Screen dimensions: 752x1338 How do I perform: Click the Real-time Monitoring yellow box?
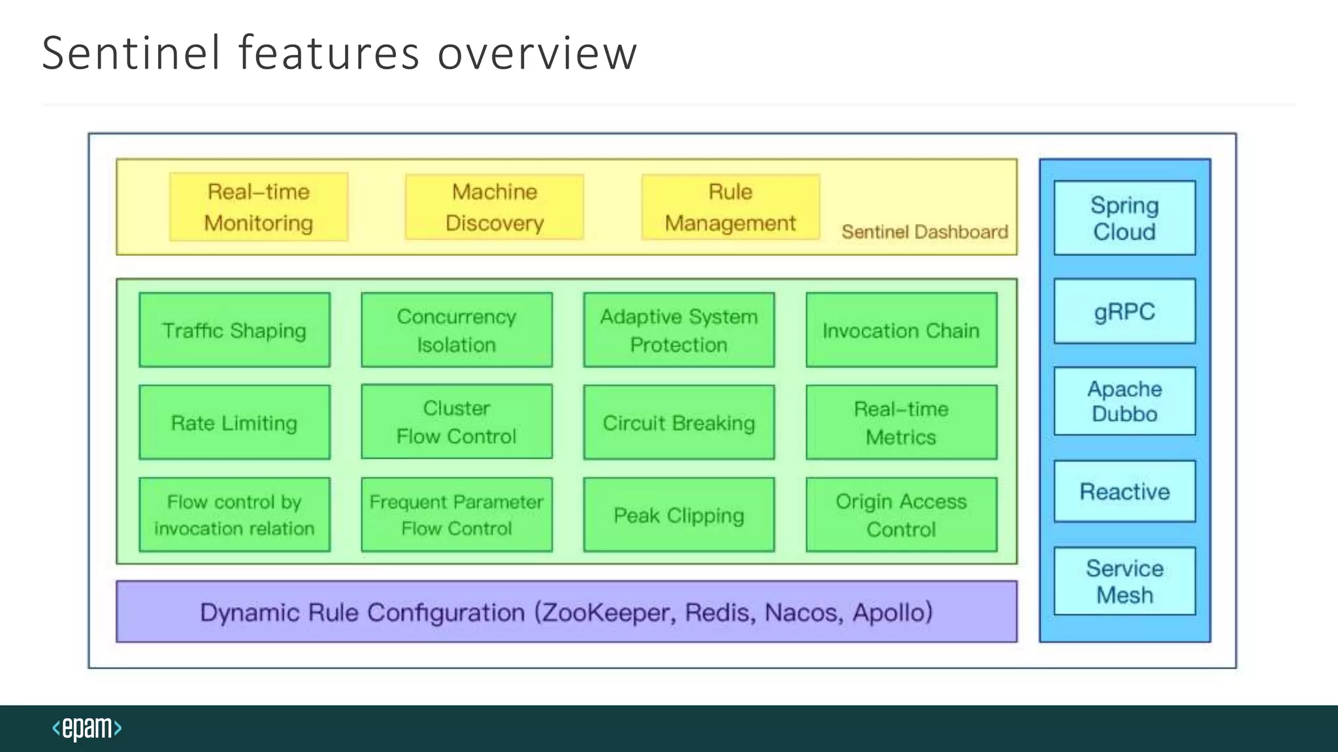point(259,207)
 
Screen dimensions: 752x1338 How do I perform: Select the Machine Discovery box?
point(495,207)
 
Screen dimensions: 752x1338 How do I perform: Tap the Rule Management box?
point(730,207)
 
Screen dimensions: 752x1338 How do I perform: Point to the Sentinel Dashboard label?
point(924,232)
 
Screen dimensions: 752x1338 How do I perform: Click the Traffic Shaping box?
point(235,330)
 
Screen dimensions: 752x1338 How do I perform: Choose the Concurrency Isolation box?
point(457,330)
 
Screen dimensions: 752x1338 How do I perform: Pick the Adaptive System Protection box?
point(679,330)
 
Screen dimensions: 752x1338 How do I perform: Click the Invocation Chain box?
point(902,330)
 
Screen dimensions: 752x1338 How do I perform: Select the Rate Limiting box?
point(235,422)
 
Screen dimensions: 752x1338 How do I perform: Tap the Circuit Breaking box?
point(679,422)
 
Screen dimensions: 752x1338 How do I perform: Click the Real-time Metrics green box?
point(902,422)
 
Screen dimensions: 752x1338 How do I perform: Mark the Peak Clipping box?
point(679,515)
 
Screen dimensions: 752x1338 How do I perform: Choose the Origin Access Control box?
point(902,515)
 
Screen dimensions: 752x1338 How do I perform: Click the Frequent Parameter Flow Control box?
point(457,515)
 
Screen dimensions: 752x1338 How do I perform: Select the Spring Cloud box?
point(1124,218)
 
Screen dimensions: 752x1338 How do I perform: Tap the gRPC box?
point(1124,311)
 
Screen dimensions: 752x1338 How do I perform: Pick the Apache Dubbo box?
point(1124,401)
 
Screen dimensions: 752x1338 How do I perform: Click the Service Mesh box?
point(1124,581)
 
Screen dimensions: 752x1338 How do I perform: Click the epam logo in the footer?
point(87,728)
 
